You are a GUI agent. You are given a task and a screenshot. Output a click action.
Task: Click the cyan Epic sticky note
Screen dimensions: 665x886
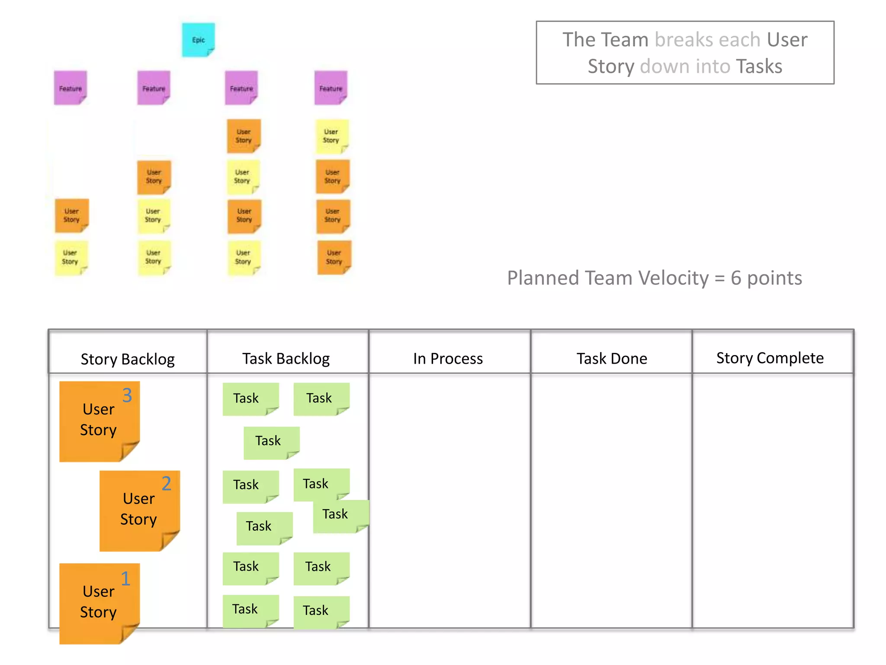click(x=198, y=40)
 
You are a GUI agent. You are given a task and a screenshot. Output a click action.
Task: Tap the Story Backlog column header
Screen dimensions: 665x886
click(x=128, y=359)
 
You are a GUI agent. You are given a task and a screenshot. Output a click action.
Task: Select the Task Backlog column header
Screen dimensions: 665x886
click(x=286, y=358)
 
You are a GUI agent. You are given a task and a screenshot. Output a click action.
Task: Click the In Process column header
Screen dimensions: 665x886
click(x=448, y=358)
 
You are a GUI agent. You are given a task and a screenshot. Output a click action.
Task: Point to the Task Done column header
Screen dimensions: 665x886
click(x=612, y=358)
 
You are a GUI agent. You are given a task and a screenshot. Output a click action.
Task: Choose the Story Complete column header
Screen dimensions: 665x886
click(x=770, y=358)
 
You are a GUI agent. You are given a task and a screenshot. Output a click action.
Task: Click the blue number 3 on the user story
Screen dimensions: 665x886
click(x=127, y=395)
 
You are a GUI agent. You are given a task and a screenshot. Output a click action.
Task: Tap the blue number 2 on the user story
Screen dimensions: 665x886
click(x=167, y=484)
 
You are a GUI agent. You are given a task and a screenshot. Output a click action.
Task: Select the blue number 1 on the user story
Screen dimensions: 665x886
click(x=125, y=578)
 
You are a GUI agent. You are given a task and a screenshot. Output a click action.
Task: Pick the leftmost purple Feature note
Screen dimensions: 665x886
click(x=70, y=88)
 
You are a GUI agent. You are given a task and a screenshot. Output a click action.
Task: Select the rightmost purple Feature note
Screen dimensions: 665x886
click(x=331, y=88)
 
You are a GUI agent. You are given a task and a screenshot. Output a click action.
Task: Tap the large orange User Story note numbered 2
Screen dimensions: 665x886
click(x=139, y=511)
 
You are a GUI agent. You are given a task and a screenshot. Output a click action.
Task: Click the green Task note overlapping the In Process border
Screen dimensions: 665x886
click(x=340, y=516)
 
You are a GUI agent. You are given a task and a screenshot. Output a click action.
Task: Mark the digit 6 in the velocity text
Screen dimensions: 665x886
click(x=736, y=278)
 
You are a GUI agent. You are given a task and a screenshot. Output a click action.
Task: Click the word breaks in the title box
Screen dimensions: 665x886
click(x=684, y=40)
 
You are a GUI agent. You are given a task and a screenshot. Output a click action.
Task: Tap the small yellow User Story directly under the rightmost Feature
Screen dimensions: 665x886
click(x=331, y=136)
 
